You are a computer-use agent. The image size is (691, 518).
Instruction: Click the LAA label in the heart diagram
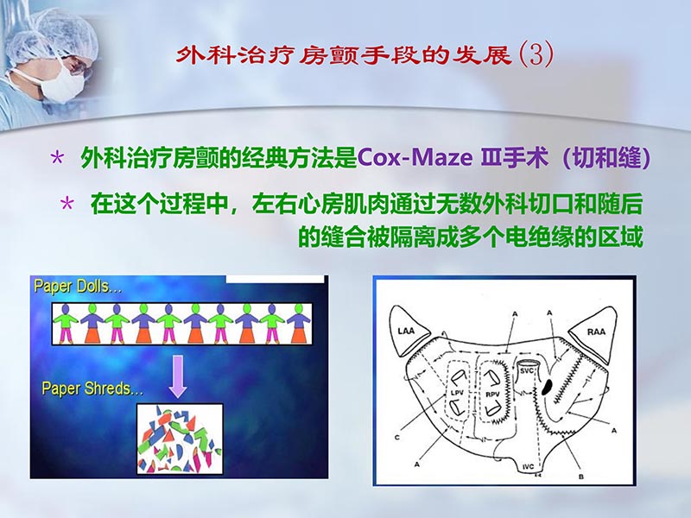(408, 331)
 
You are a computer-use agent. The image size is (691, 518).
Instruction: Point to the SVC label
(528, 371)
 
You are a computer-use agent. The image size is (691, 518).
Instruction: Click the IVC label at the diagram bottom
(530, 466)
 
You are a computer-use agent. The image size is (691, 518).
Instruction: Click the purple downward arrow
(178, 373)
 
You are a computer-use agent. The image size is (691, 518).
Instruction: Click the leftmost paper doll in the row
(62, 324)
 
